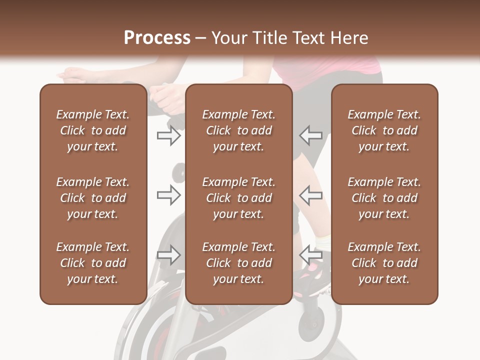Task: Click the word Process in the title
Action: [157, 38]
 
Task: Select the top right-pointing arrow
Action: [168, 135]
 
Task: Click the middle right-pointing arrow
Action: [168, 195]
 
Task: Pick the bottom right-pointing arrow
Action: [168, 255]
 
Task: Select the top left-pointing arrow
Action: [310, 135]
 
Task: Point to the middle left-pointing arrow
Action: [310, 195]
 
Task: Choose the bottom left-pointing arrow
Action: [310, 255]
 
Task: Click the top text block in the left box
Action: [93, 130]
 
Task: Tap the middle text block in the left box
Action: [93, 198]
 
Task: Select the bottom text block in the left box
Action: [93, 263]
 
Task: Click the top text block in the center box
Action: [239, 130]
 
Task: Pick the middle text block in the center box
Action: [239, 198]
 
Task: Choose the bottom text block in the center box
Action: [239, 263]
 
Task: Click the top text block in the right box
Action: [384, 130]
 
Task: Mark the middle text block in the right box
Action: [384, 198]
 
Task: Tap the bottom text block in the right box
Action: [384, 263]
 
